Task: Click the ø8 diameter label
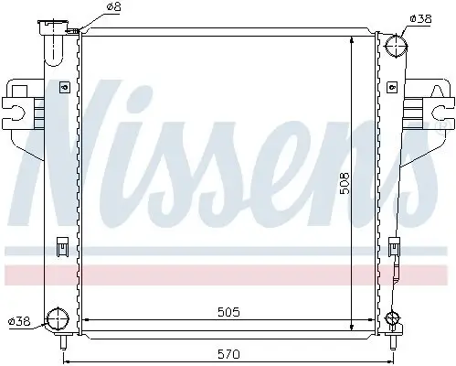pyautogui.click(x=113, y=7)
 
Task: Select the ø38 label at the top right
pyautogui.click(x=421, y=17)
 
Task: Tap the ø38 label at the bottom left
pyautogui.click(x=19, y=322)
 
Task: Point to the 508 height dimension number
pyautogui.click(x=364, y=183)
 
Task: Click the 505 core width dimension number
pyautogui.click(x=228, y=313)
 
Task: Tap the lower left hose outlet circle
pyautogui.click(x=57, y=319)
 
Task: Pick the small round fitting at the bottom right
pyautogui.click(x=393, y=319)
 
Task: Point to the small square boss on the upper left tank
pyautogui.click(x=62, y=88)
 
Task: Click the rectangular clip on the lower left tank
pyautogui.click(x=61, y=246)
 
